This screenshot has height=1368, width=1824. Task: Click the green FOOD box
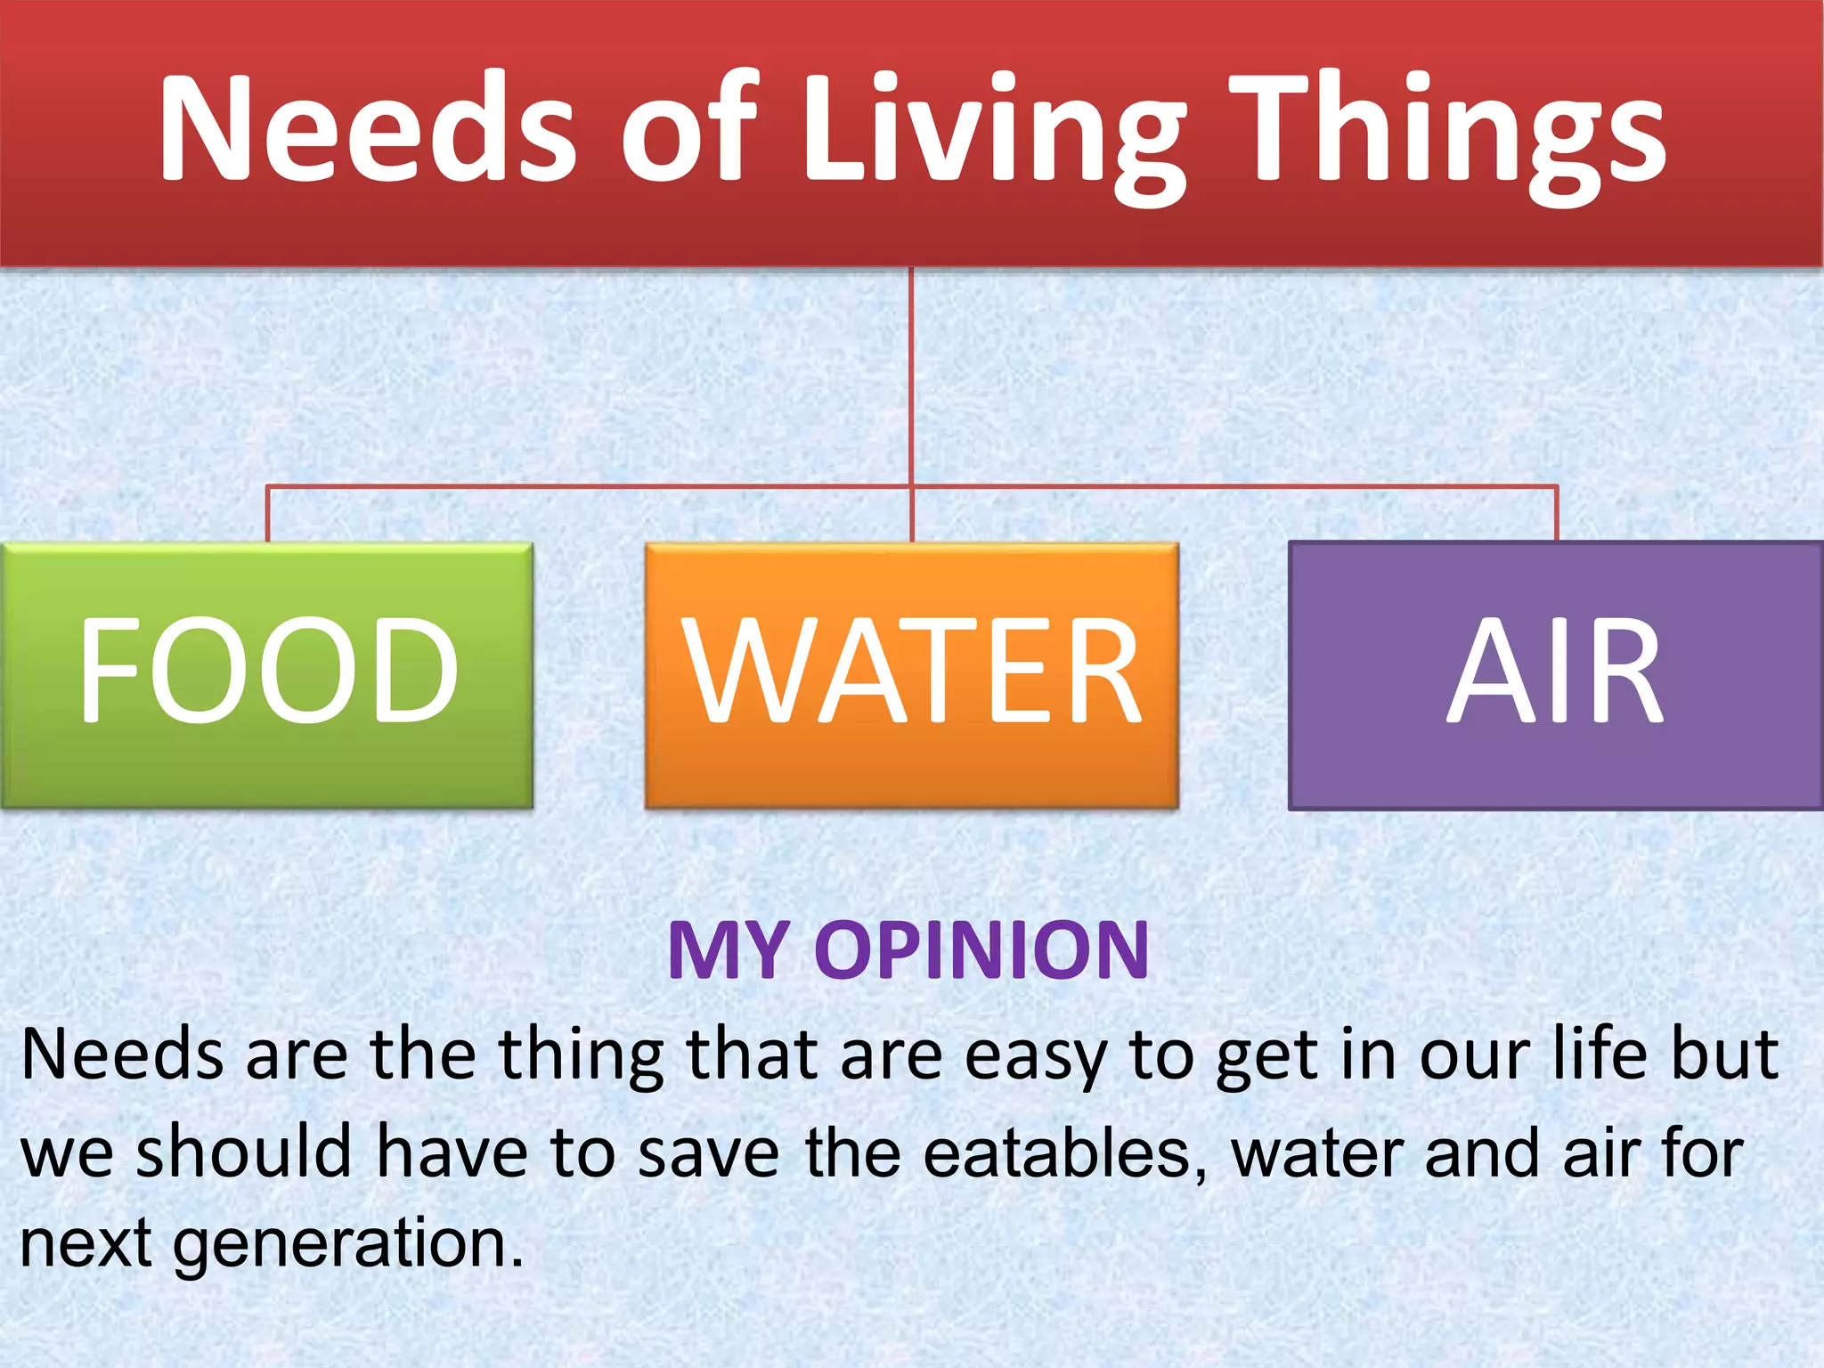267,674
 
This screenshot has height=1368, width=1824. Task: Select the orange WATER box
911,674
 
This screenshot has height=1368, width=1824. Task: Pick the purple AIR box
1555,674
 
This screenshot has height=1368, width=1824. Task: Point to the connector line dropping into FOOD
267,514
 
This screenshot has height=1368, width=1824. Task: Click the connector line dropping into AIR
1556,514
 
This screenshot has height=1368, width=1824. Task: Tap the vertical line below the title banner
911,374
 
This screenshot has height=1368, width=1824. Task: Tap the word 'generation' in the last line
347,1244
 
